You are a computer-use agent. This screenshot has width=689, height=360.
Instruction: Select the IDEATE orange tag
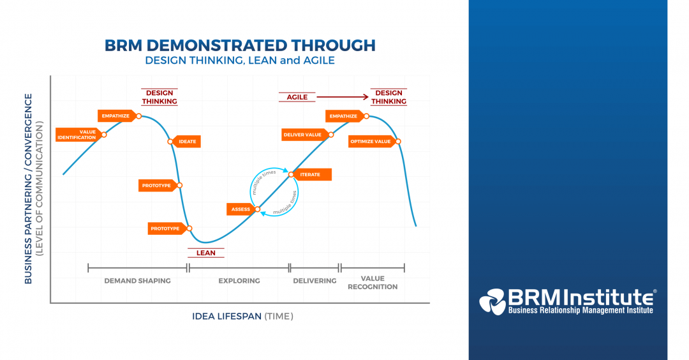(186, 142)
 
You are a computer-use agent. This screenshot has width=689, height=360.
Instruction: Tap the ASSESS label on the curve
(241, 209)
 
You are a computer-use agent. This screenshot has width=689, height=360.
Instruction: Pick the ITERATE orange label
(311, 174)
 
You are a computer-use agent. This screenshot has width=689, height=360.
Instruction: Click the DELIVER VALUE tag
(304, 134)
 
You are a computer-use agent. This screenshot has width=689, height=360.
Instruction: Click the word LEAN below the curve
(205, 253)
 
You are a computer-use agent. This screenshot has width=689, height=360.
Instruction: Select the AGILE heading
(297, 97)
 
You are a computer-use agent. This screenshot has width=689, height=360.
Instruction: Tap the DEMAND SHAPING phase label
(137, 280)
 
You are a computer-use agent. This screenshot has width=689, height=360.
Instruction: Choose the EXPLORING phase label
(239, 280)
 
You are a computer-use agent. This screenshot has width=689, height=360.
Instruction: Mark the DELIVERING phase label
(315, 280)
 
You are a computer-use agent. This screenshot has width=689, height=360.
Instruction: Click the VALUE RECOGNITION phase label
(373, 283)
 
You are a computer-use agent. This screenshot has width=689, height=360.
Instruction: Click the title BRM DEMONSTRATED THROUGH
(239, 45)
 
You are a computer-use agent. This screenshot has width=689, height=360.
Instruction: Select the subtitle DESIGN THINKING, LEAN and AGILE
(239, 61)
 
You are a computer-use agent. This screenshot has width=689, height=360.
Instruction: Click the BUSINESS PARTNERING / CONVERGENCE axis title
(29, 188)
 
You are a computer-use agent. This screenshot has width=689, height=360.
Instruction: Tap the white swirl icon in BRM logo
(492, 301)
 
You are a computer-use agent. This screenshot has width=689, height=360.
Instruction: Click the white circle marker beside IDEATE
(170, 142)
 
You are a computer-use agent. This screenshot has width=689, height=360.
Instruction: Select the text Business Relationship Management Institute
(580, 310)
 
